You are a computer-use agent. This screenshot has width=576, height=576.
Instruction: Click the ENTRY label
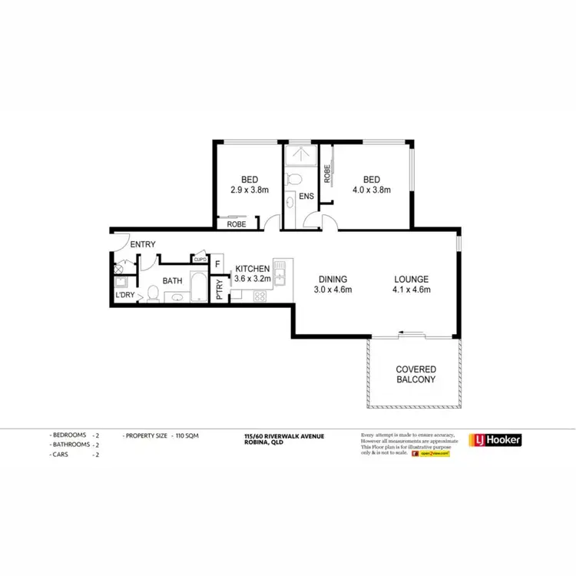[143, 245]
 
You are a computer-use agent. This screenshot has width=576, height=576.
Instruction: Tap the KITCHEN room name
[252, 268]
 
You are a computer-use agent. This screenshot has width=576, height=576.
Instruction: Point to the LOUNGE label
[411, 280]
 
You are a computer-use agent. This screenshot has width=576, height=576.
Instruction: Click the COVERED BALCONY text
[416, 374]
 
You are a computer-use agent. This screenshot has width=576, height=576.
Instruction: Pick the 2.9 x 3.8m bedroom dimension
[250, 190]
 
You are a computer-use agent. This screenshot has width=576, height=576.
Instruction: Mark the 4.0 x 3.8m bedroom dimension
[371, 190]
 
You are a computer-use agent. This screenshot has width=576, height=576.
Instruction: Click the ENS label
[306, 197]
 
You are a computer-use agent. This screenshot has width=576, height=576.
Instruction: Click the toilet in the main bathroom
[153, 293]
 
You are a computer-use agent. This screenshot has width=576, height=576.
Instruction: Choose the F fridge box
[217, 265]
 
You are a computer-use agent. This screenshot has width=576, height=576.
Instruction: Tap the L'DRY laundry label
[124, 295]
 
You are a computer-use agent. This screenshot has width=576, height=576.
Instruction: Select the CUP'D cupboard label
[200, 260]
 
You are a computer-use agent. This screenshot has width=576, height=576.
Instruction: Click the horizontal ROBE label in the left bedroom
[237, 224]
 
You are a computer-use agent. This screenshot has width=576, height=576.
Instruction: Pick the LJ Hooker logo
[495, 440]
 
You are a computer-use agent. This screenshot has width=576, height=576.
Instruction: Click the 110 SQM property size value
[187, 436]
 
